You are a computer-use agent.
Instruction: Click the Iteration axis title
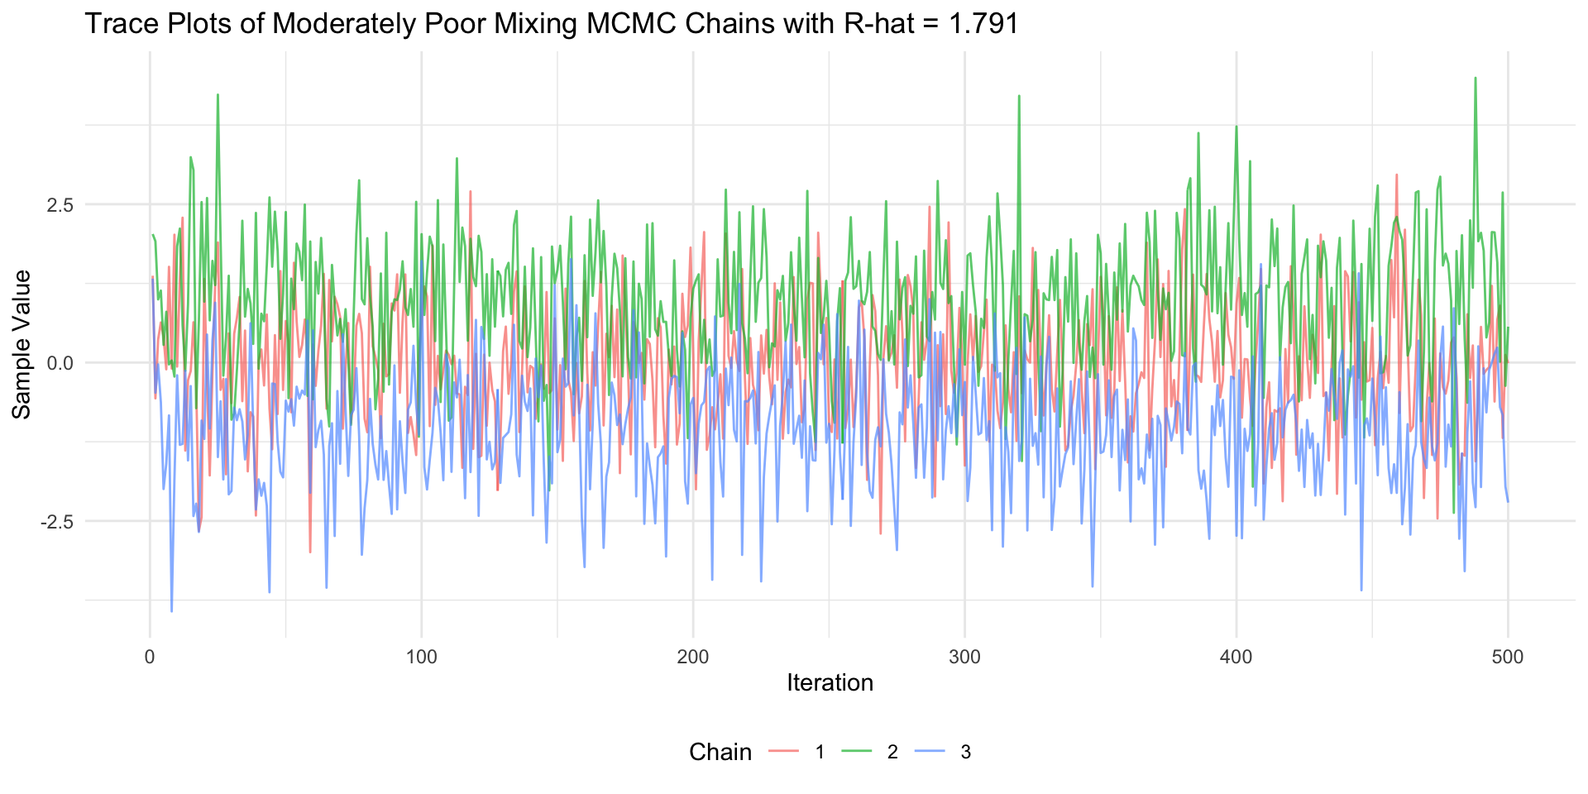pyautogui.click(x=830, y=683)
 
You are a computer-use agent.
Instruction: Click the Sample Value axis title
pyautogui.click(x=22, y=344)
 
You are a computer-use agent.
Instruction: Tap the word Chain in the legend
pyautogui.click(x=720, y=752)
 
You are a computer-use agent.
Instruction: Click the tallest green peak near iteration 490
pyautogui.click(x=1476, y=79)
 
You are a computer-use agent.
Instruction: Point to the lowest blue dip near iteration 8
pyautogui.click(x=172, y=611)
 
